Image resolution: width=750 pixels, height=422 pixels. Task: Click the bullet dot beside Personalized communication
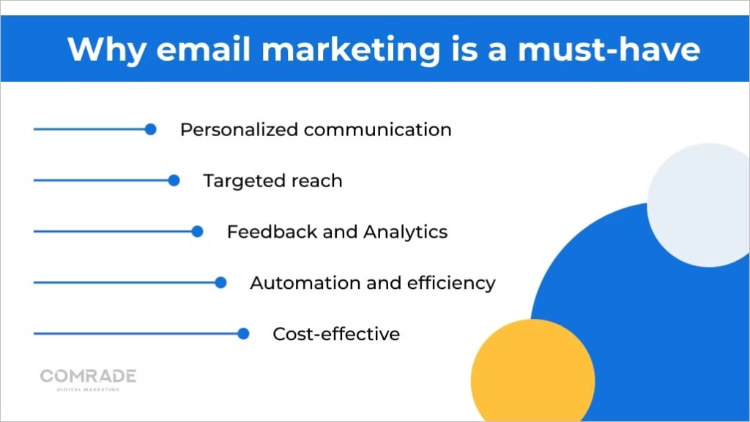pyautogui.click(x=150, y=129)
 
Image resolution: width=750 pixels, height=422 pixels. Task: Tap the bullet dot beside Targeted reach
pyautogui.click(x=174, y=181)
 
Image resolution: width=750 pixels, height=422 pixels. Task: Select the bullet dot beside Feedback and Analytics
pyautogui.click(x=197, y=232)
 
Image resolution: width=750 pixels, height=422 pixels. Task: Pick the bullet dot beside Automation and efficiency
pyautogui.click(x=220, y=283)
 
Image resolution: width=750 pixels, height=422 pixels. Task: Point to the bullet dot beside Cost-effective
pyautogui.click(x=244, y=334)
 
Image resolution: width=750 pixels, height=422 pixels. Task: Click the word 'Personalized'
pyautogui.click(x=239, y=130)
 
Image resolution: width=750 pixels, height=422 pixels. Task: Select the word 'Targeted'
pyautogui.click(x=239, y=181)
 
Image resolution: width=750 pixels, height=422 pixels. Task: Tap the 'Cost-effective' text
pyautogui.click(x=336, y=334)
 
